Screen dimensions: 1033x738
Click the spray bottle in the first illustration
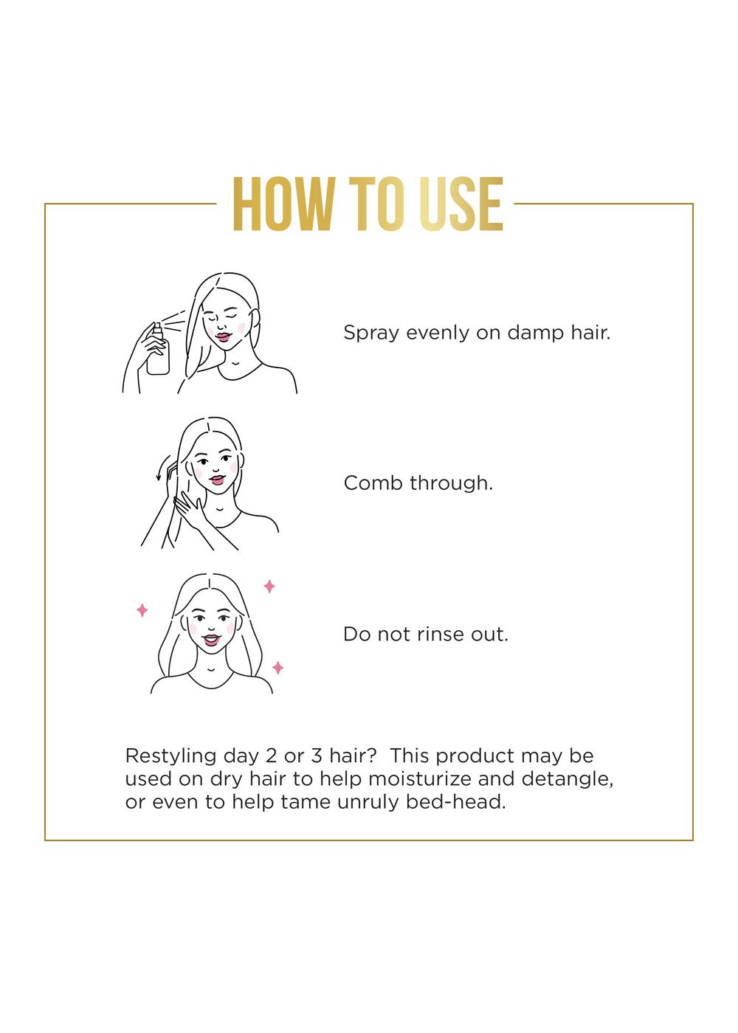tap(158, 350)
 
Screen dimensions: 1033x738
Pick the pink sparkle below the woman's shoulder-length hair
tap(278, 668)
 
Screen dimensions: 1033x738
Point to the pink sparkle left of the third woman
tap(142, 610)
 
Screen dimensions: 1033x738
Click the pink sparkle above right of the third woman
tap(269, 587)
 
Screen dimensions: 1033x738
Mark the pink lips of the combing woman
tap(215, 480)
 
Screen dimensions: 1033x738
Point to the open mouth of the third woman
tap(211, 639)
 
